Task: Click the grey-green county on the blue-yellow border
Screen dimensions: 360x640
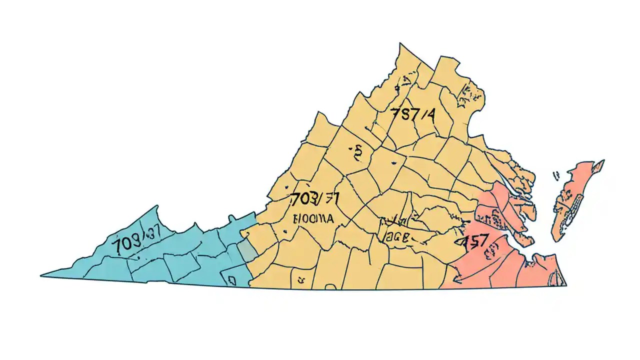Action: click(245, 248)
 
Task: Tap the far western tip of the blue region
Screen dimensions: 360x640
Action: click(43, 275)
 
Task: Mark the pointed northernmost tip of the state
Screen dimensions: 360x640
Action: click(400, 44)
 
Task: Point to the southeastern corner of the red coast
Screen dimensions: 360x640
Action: click(565, 284)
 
